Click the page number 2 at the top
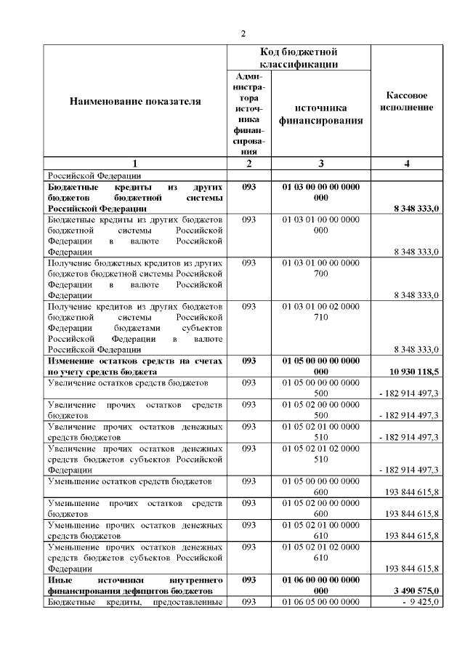(244, 33)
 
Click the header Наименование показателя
(134, 101)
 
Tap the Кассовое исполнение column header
(407, 101)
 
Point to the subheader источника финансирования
(320, 114)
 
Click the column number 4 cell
(407, 164)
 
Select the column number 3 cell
(320, 164)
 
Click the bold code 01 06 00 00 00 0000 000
(320, 585)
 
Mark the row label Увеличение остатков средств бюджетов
(128, 382)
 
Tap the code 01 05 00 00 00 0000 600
(320, 486)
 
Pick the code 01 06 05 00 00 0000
(320, 602)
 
